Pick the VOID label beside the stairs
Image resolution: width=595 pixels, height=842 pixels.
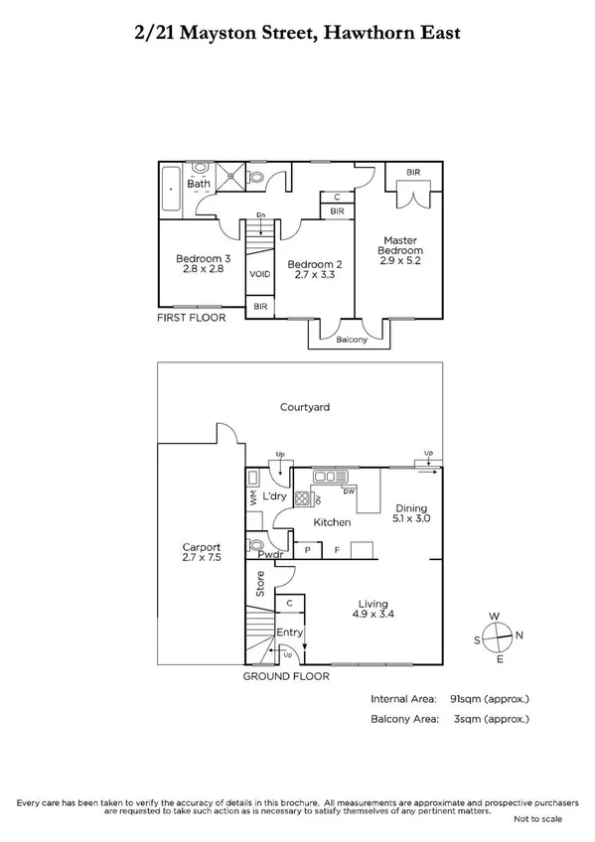[259, 274]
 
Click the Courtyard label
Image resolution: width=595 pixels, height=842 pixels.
[304, 407]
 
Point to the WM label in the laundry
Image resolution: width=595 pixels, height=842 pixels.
[253, 501]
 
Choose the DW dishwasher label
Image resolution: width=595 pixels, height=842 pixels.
[348, 491]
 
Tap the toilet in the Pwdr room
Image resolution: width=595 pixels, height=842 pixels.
[258, 545]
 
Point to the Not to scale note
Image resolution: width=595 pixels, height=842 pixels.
[536, 818]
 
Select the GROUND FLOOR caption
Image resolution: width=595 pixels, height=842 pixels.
[286, 676]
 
